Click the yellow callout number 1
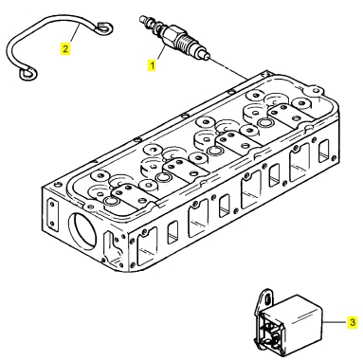click(x=152, y=65)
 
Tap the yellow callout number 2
click(x=65, y=49)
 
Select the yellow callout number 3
click(x=353, y=322)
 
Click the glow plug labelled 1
click(x=174, y=38)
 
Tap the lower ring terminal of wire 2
click(x=27, y=73)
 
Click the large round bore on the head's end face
click(x=82, y=228)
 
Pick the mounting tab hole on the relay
click(x=267, y=297)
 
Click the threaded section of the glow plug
click(x=187, y=42)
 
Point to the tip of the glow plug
click(x=208, y=58)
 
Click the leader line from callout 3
click(x=336, y=322)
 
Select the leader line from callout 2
click(x=74, y=34)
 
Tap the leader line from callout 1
click(x=160, y=53)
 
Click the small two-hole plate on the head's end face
click(x=51, y=214)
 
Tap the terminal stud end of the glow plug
click(x=144, y=19)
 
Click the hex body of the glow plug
click(x=172, y=33)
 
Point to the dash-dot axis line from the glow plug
click(x=228, y=69)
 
